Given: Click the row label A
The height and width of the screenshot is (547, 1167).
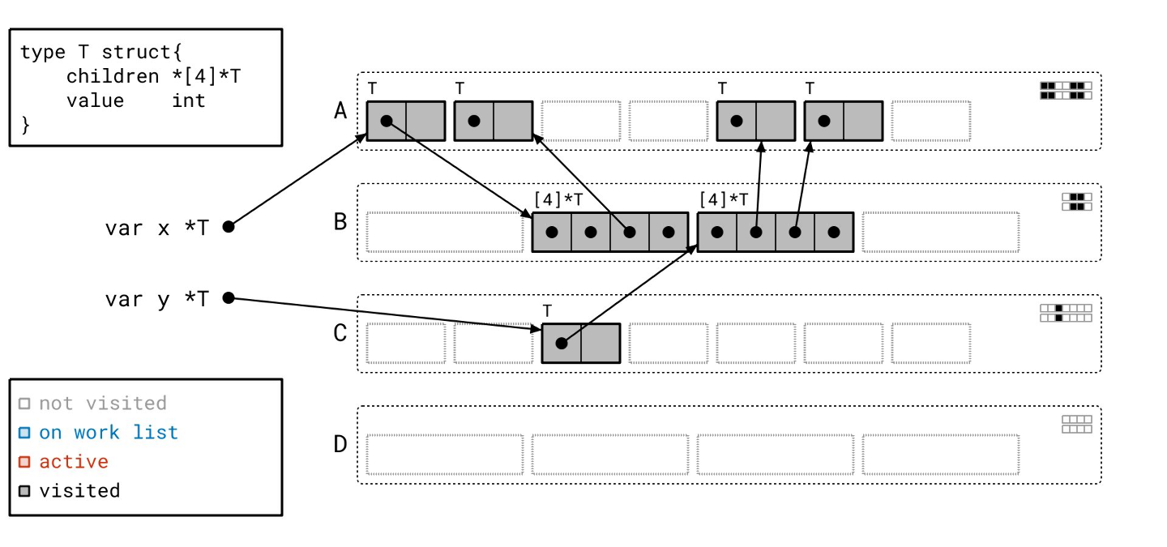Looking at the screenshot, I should pos(340,110).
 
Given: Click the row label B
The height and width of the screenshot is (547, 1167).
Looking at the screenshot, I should pos(340,221).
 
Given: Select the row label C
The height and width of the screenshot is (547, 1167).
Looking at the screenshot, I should pos(340,333).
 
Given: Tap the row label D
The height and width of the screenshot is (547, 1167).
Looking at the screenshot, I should pos(340,444).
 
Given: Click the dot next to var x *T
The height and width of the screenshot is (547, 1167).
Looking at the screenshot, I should pos(229,227).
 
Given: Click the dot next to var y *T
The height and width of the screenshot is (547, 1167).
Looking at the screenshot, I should pos(229,298).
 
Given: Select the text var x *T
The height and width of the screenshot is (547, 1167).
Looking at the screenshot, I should pos(156,228).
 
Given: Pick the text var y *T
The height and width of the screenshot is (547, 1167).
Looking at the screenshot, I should pos(156,299).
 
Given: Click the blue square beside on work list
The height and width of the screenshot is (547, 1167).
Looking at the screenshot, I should pos(24,433).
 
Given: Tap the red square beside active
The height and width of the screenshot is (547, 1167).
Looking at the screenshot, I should pos(24,462).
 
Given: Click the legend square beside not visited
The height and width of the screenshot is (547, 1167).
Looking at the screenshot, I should pos(24,404).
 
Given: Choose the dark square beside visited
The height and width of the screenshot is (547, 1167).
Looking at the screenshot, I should pos(24,491).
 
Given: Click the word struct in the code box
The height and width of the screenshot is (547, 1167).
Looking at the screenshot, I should pos(137,52).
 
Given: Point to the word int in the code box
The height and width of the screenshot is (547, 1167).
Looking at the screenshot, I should pos(188,100).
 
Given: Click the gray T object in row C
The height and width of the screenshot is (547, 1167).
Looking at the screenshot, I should pos(580,343).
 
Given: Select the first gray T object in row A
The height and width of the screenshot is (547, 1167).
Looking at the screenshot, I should pos(405,121).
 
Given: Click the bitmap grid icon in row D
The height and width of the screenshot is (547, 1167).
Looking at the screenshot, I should pos(1077,424).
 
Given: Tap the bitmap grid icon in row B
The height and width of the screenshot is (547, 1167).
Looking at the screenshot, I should pos(1077,201).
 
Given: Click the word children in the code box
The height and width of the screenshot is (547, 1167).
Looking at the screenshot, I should pos(113,76).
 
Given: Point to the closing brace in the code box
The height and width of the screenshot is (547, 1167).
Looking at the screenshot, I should pos(25,124).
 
